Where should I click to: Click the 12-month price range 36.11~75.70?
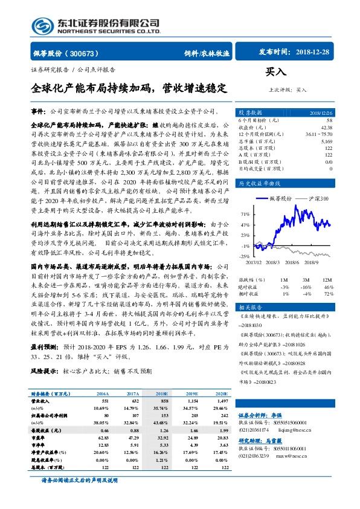[x=319, y=134]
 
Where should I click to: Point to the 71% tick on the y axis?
[x=245, y=214]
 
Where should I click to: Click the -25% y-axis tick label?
[x=245, y=256]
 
